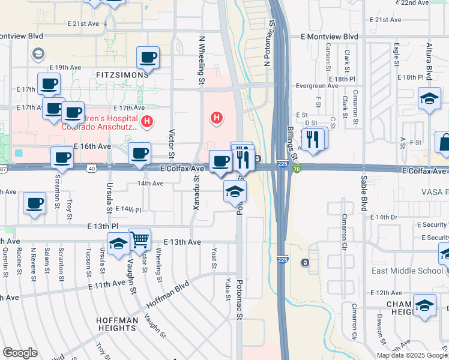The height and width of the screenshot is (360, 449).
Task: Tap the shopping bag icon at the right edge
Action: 444,143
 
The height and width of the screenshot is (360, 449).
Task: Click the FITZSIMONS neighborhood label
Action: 122,75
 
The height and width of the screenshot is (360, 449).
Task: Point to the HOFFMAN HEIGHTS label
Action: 116,324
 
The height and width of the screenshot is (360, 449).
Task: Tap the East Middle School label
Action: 406,271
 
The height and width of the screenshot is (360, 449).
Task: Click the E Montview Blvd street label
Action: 330,37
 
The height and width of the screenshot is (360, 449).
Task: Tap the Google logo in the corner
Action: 20,353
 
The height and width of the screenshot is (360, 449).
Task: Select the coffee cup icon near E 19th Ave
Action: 148,58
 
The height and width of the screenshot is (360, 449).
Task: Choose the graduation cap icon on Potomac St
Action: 235,191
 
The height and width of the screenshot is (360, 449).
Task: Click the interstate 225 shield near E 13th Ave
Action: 283,259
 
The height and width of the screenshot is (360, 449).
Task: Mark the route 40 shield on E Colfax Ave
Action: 91,169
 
